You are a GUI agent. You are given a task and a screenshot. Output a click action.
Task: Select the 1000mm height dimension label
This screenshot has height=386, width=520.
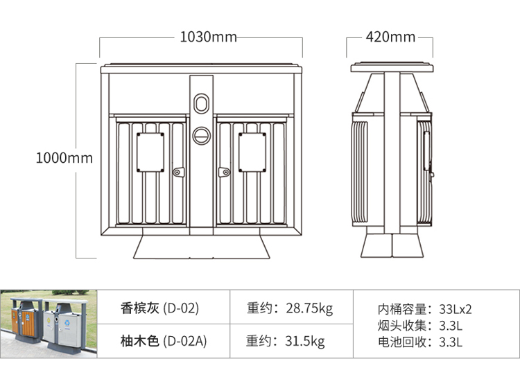(64, 158)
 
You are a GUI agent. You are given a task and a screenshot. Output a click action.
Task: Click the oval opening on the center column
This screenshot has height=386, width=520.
(202, 103)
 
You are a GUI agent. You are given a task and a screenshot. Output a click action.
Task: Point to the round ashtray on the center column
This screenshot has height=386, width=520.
(202, 134)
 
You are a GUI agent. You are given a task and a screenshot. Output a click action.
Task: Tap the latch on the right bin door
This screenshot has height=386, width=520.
(224, 171)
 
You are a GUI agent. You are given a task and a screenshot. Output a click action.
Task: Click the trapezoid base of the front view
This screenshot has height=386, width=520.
(201, 245)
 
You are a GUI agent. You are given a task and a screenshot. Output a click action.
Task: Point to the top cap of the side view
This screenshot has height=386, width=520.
(392, 68)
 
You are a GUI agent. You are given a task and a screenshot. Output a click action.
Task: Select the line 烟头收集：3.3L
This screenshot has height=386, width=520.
(419, 325)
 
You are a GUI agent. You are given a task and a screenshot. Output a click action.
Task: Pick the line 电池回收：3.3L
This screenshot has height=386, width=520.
(419, 341)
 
